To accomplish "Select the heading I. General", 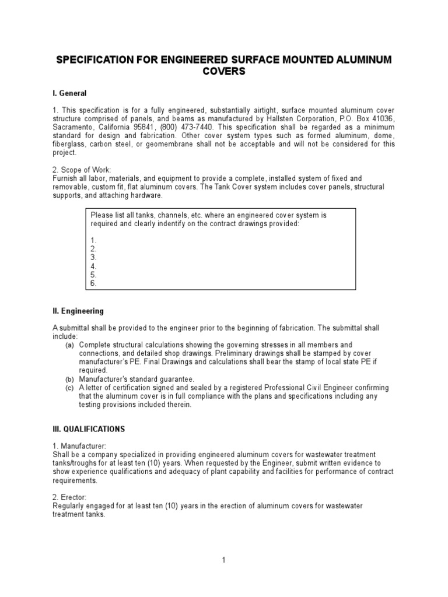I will coord(69,93).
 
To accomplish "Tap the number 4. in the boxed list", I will coord(93,266).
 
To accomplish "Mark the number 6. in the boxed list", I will coord(93,283).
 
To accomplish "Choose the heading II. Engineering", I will coord(78,311).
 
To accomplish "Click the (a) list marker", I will coord(69,345).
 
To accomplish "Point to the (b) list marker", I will coord(69,380).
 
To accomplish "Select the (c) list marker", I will coord(69,388).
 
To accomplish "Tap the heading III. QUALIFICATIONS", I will coord(89,429).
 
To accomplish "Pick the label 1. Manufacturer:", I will coord(79,446).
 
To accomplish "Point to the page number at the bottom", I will coord(223,560).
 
